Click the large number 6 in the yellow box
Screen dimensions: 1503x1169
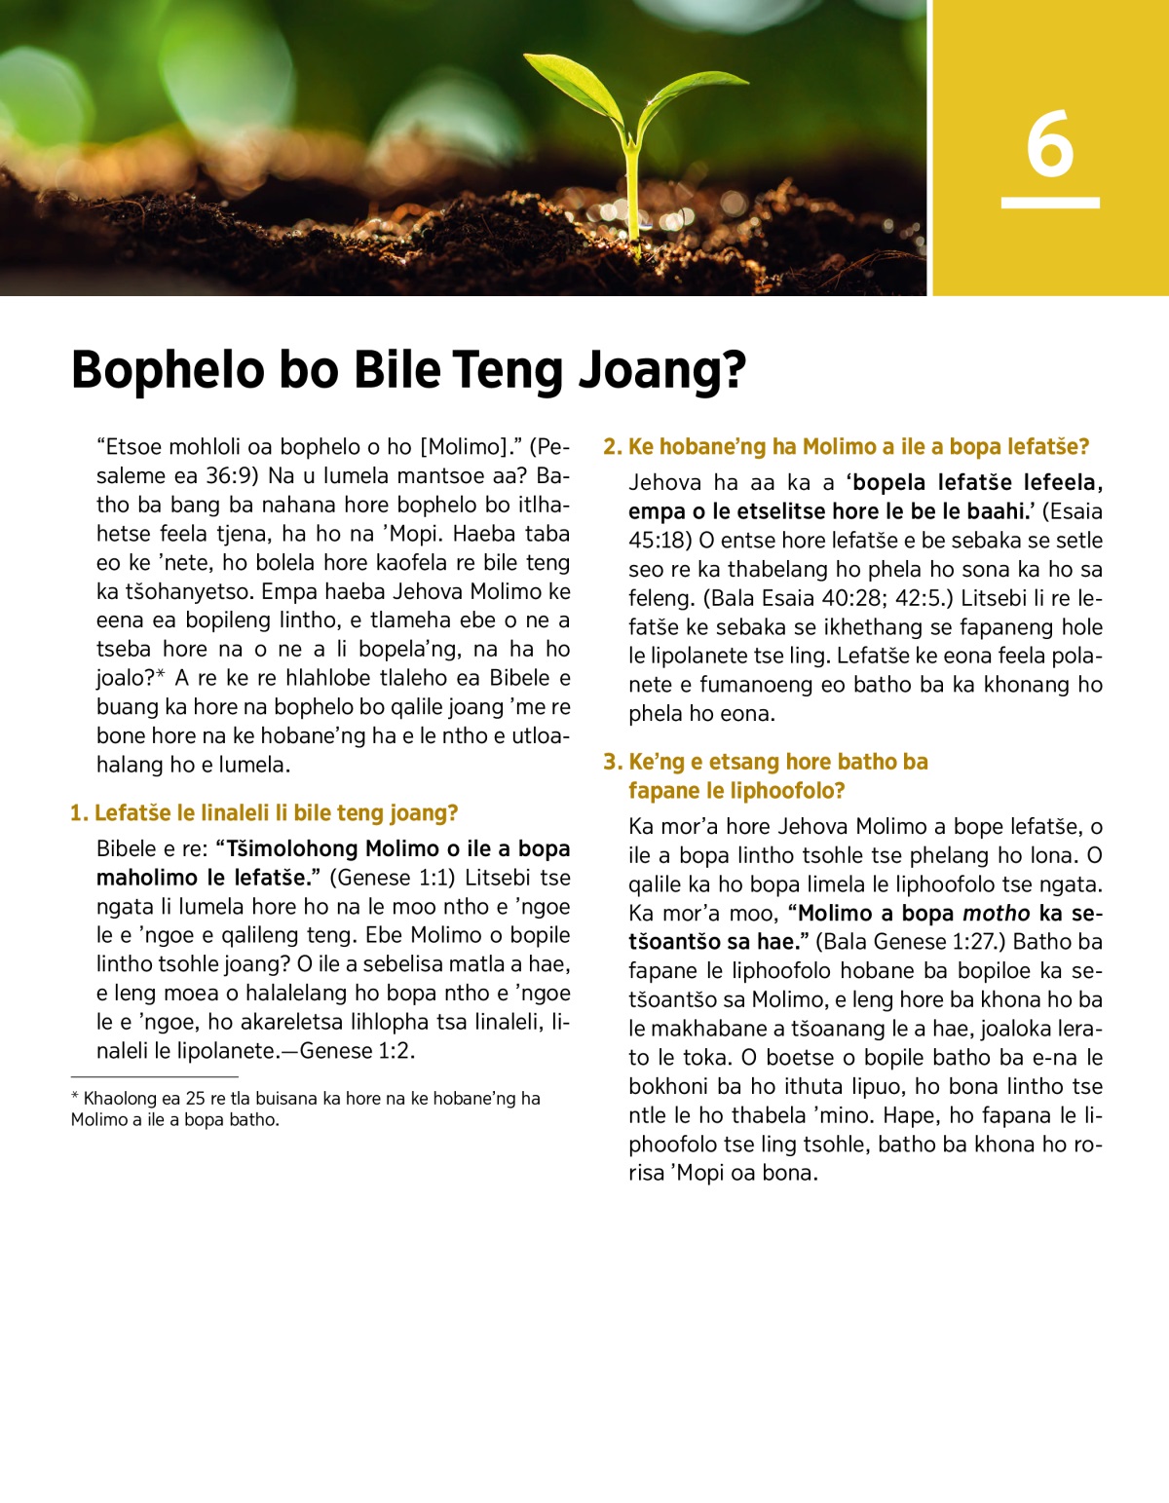(x=1050, y=144)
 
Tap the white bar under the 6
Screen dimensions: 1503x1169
(x=1050, y=203)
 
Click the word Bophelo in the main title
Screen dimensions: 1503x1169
(x=169, y=371)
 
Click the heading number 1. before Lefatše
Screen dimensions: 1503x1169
(x=79, y=813)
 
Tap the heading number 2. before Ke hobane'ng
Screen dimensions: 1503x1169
(x=613, y=447)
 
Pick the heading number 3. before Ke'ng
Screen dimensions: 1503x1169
(x=613, y=762)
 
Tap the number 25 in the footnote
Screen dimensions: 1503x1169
(x=194, y=1099)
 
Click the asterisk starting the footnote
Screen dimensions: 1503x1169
(x=75, y=1098)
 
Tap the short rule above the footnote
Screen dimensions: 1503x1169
(x=154, y=1077)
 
